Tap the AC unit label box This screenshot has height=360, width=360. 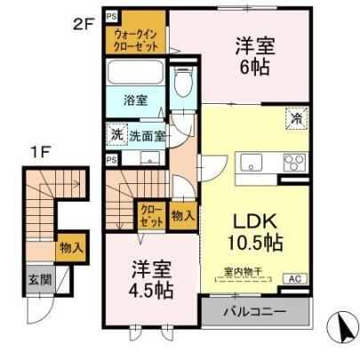click(x=295, y=279)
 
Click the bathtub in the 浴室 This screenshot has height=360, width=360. click(x=135, y=73)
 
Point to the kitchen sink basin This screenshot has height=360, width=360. click(x=252, y=163)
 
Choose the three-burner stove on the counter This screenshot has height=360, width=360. click(x=294, y=163)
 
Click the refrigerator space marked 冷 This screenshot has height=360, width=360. click(x=297, y=118)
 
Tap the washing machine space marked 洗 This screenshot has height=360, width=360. click(x=117, y=135)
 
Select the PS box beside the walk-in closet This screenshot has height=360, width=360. click(x=112, y=17)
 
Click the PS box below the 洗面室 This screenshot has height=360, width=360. click(x=112, y=160)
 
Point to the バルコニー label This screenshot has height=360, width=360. click(x=255, y=312)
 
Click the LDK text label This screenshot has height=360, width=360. click(x=255, y=221)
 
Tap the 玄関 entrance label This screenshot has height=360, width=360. click(x=40, y=279)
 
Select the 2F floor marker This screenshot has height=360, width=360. click(x=83, y=24)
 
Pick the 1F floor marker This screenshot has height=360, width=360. click(x=40, y=153)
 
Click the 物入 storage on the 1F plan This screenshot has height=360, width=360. click(x=71, y=247)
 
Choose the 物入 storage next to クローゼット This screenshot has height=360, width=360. click(x=183, y=216)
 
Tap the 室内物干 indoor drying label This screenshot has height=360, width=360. click(x=242, y=272)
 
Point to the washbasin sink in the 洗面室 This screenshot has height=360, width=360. click(x=149, y=157)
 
